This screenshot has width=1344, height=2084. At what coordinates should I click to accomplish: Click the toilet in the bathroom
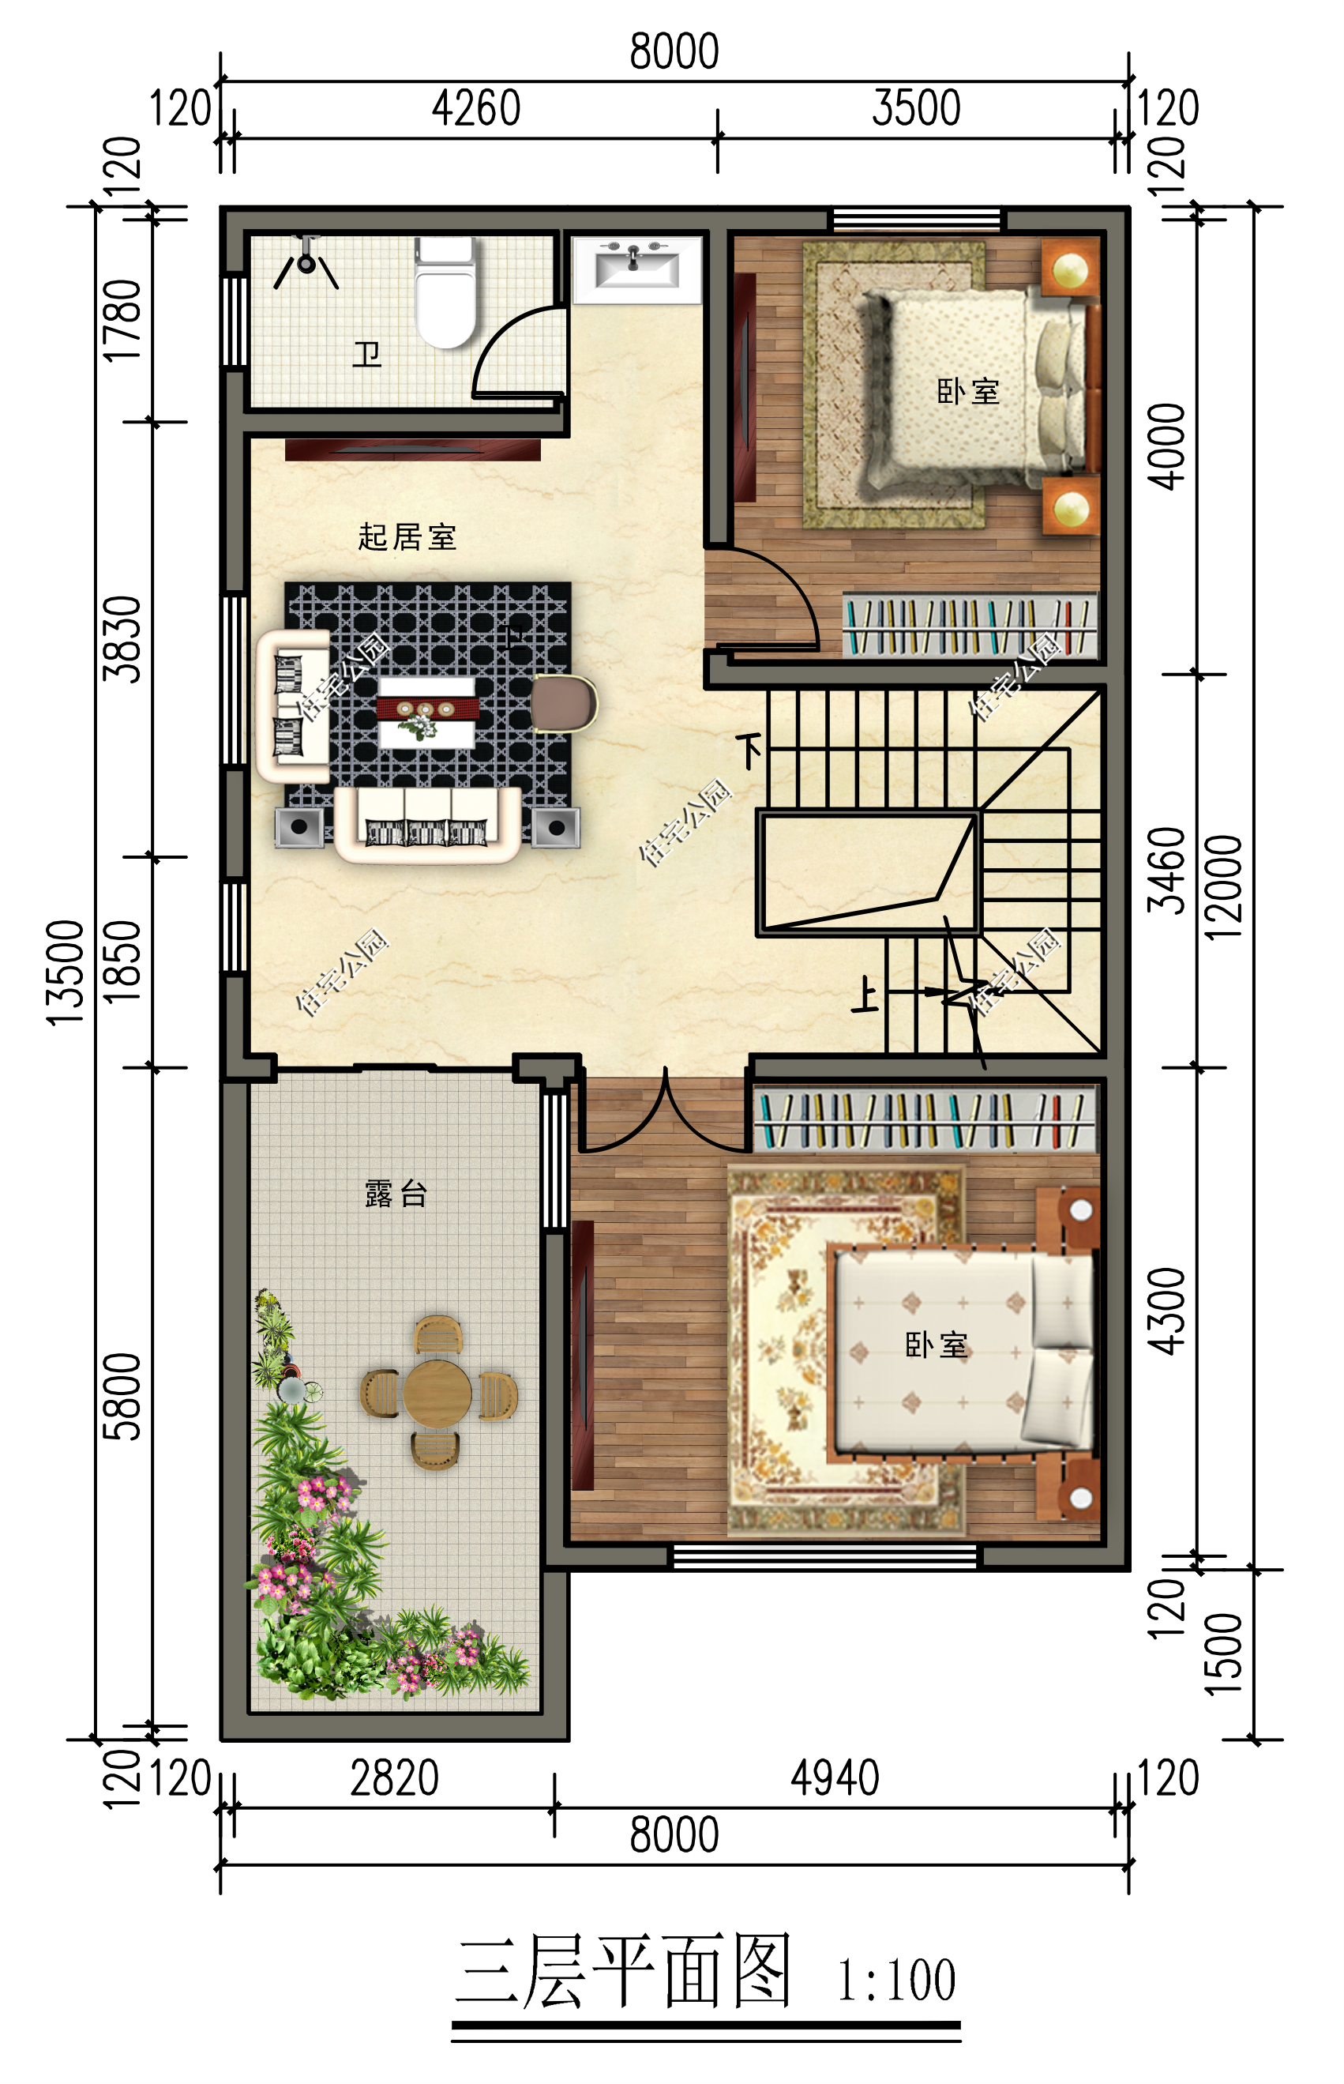445,293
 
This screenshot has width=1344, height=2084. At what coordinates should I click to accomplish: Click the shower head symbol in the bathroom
306,260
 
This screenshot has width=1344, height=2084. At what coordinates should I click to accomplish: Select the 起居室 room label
407,537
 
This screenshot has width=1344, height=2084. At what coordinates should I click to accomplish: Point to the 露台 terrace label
396,1193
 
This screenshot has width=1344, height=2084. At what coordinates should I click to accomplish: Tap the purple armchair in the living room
563,703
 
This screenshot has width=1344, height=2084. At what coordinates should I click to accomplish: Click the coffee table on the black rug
426,711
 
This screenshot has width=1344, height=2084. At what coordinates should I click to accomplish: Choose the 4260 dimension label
475,109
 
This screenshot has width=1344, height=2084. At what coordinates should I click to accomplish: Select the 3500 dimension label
915,109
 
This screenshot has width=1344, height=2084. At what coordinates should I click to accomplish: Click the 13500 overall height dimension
66,972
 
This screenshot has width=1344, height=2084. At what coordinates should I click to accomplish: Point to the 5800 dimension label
123,1397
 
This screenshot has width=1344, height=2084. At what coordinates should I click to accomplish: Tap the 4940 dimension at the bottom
835,1778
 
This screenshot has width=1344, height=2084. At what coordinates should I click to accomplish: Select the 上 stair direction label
865,995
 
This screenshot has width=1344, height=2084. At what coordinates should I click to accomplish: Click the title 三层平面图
623,1973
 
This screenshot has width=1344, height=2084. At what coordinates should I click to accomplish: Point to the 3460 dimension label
1168,871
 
